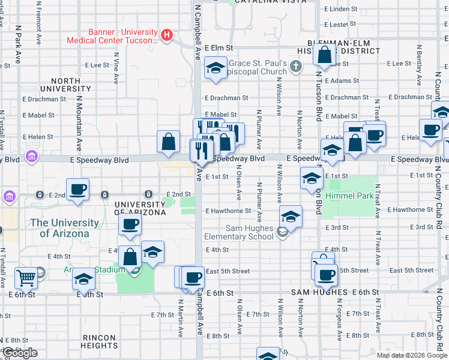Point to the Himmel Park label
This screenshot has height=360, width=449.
pos(349,196)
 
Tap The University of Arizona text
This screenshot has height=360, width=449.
pos(65,228)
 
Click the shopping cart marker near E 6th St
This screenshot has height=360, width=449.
pos(26,278)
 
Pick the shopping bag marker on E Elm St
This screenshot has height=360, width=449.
pos(324,56)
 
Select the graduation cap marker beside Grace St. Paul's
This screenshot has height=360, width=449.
pos(215,68)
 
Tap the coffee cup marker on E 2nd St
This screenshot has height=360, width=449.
pos(78,190)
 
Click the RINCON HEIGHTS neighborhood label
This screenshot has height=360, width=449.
pos(100,341)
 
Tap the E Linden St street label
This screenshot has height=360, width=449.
pos(340,9)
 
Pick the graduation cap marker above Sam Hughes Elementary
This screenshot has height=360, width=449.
pos(291,217)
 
